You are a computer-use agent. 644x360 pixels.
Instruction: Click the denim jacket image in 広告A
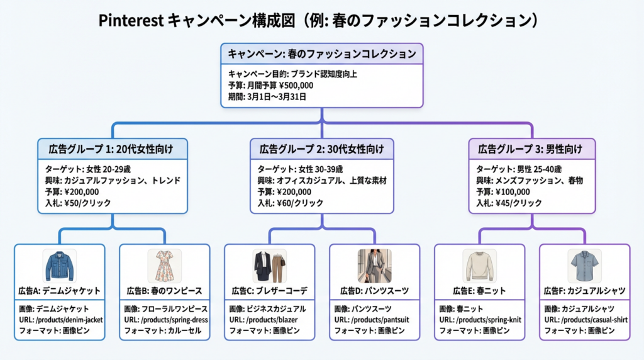(59, 266)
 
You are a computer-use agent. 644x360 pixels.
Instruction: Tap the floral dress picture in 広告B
(164, 266)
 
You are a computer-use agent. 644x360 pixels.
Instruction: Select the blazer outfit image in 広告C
(269, 266)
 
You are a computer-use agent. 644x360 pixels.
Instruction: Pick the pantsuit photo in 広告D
(374, 266)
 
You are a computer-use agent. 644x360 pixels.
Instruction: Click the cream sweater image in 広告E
(479, 266)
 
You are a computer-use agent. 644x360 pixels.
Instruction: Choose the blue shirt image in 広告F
(584, 266)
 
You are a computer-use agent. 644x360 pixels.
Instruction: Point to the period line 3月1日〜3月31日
(278, 96)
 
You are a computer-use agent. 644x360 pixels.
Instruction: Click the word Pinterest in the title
(131, 21)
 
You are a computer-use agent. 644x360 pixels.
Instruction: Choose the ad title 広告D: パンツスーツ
(374, 291)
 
